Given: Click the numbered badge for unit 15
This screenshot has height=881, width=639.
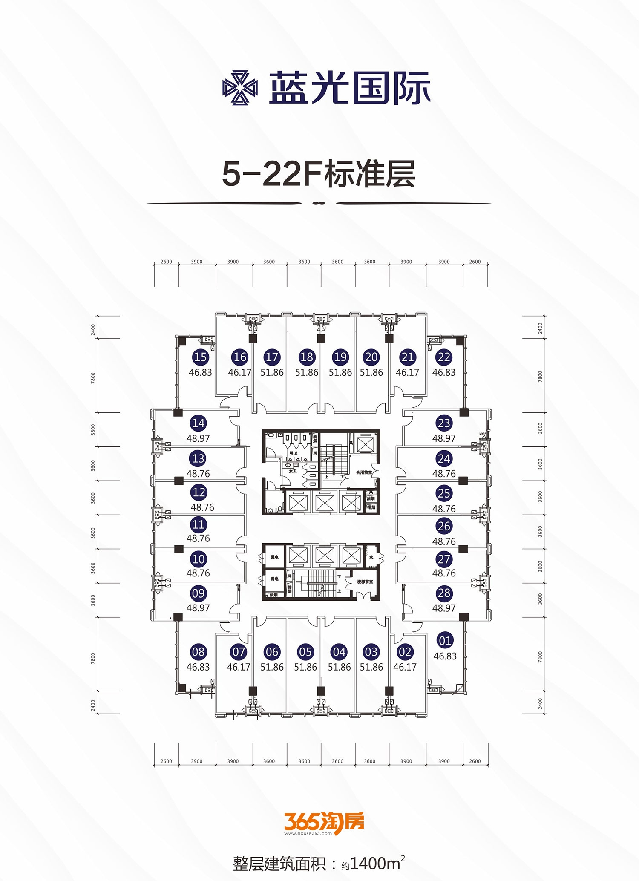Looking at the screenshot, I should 200,357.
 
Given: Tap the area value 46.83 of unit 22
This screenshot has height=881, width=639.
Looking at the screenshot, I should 444,372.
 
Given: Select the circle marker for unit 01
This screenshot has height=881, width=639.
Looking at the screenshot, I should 445,640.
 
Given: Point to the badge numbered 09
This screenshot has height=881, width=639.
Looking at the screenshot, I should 199,593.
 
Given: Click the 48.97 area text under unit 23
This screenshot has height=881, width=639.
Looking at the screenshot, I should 444,438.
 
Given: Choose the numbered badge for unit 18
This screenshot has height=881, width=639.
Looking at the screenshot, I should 307,357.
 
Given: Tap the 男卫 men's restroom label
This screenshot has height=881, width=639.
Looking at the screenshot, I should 293,454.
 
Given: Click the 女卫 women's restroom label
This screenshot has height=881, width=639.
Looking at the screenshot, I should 293,471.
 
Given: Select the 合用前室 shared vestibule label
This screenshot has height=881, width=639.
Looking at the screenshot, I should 364,472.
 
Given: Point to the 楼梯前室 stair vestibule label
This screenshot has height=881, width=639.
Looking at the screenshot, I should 365,582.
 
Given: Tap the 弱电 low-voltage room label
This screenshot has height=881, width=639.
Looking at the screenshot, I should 275,579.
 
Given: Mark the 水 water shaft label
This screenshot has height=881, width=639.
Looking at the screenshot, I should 371,557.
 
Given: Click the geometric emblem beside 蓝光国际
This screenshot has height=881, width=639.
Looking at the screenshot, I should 240,88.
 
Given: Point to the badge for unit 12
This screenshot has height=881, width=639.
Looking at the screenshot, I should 199,492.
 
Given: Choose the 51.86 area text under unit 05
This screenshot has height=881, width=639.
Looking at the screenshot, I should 305,667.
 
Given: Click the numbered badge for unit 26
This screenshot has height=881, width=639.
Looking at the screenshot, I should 444,526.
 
